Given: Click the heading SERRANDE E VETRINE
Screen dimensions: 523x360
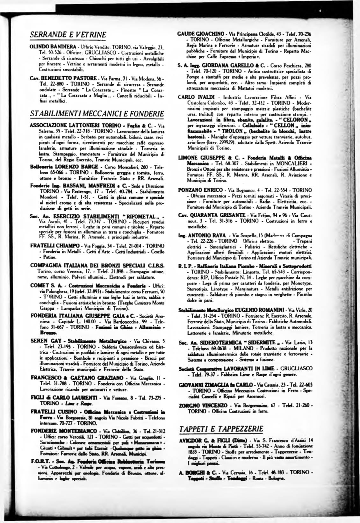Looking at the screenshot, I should click(68, 34).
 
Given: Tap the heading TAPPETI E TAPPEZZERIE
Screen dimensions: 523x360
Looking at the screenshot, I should click(221, 428).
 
